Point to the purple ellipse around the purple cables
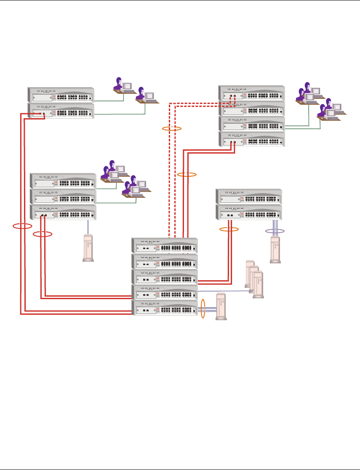point(275,231)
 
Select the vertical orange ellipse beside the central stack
point(203,308)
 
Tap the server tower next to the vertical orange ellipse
point(221,307)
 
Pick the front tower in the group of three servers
point(258,285)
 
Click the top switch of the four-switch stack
point(252,93)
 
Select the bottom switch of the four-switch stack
point(252,139)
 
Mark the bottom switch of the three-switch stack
point(63,212)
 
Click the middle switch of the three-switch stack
point(63,196)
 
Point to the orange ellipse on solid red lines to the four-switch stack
point(187,174)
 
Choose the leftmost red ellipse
point(22,226)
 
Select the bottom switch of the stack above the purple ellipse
point(249,212)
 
